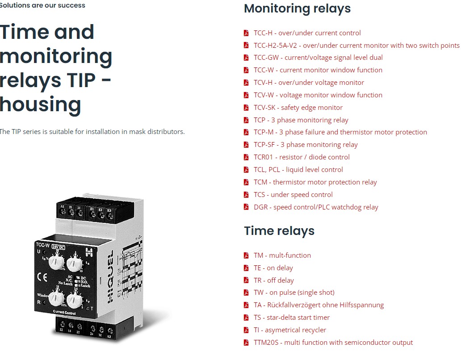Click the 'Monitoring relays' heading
point(297,8)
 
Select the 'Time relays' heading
point(279,231)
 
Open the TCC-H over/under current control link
point(307,33)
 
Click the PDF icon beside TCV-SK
point(246,107)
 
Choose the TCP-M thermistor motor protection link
point(340,132)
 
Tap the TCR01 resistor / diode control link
point(302,157)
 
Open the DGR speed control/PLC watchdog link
point(316,207)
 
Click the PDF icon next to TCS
point(246,195)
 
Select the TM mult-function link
point(282,255)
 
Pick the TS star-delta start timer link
point(291,318)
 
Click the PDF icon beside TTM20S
point(246,343)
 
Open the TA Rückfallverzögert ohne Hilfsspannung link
point(319,305)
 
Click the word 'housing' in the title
point(40,104)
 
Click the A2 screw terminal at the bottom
point(109,329)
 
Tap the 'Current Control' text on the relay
point(64,314)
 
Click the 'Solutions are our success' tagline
point(42,5)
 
